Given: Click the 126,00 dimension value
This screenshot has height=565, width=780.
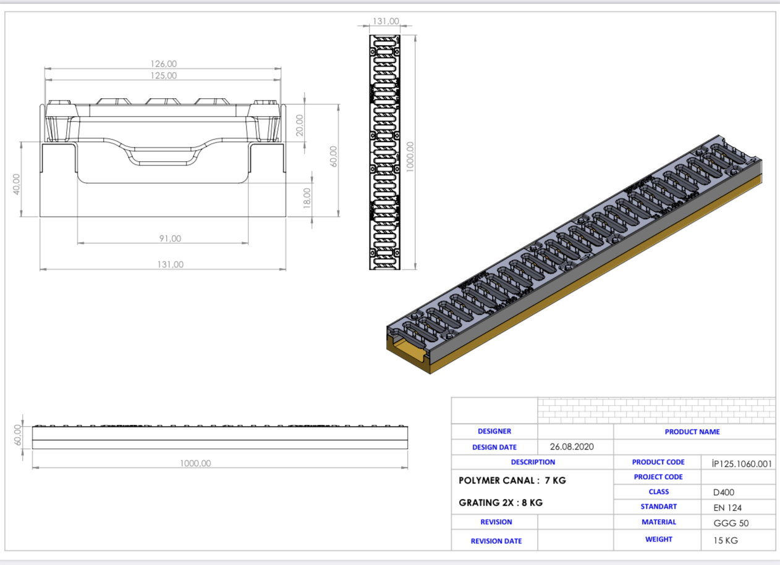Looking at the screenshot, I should [164, 64].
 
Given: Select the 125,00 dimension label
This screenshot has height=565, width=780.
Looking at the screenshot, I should [164, 75].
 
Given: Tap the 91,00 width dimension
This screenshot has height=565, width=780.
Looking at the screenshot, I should [170, 238].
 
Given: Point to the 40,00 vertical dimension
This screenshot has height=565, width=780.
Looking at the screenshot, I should [17, 184].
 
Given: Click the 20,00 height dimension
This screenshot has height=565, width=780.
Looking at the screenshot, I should [300, 125].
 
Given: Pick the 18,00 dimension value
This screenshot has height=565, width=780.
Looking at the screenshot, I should [307, 198].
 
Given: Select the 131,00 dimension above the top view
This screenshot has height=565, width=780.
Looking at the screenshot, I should [386, 22].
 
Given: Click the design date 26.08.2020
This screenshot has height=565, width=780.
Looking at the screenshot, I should [575, 447].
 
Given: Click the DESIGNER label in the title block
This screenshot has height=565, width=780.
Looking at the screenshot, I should [494, 432].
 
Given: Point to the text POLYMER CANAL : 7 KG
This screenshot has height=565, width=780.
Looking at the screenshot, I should [512, 480].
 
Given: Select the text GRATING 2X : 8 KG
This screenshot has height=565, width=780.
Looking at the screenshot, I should [501, 503].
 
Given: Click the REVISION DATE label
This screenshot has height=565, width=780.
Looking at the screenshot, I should [496, 541].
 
